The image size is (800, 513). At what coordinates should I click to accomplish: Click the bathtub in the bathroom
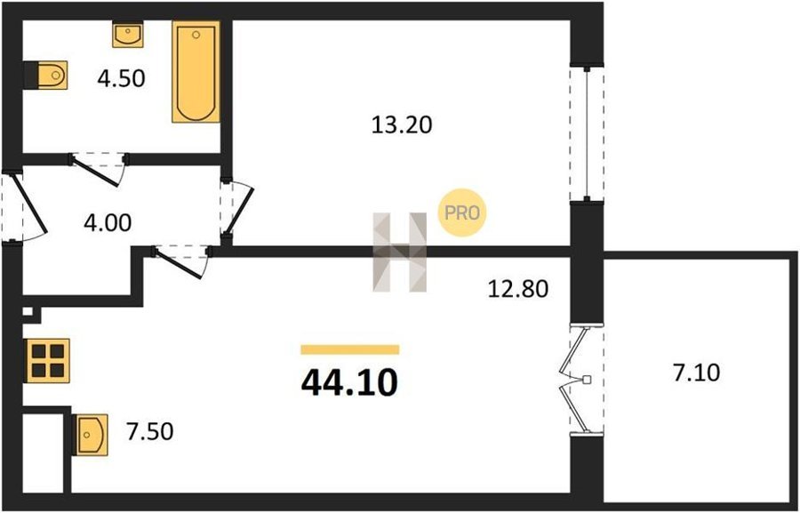[x=196, y=71]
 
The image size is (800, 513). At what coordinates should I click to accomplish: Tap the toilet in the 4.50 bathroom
[x=46, y=76]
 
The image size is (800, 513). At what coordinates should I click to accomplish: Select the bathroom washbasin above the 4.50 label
[x=127, y=35]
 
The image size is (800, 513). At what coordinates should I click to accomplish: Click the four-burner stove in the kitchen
[x=47, y=360]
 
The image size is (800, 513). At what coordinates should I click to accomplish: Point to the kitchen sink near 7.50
[x=91, y=435]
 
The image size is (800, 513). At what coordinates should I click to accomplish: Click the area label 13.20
[x=402, y=124]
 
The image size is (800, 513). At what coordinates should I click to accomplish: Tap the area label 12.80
[x=517, y=290]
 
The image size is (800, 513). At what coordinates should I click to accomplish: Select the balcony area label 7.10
[x=696, y=373]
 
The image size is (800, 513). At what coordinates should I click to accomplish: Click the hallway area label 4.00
[x=108, y=223]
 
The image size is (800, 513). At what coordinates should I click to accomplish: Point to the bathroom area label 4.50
[x=122, y=78]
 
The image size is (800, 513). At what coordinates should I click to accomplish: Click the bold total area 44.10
[x=349, y=383]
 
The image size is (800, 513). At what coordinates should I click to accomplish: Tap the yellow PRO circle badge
[x=462, y=212]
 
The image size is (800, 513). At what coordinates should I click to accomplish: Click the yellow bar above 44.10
[x=350, y=349]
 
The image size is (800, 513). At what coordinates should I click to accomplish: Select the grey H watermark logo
[x=400, y=252]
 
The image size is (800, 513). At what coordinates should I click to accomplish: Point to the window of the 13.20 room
[x=587, y=133]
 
